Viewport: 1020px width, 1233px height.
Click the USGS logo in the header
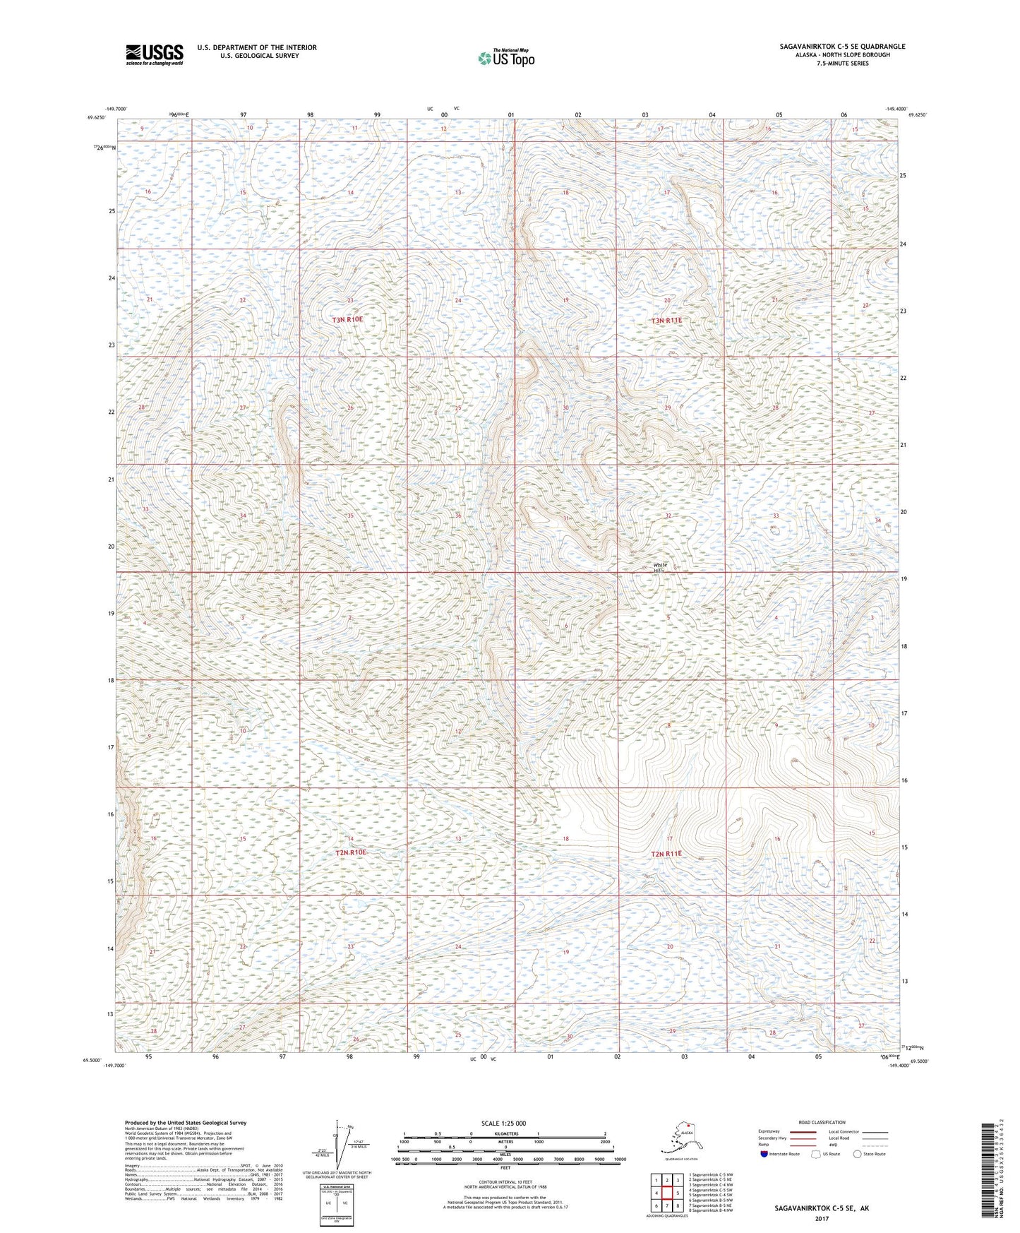click(x=155, y=54)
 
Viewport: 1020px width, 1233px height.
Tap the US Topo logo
click(x=505, y=58)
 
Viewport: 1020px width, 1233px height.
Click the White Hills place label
click(x=660, y=567)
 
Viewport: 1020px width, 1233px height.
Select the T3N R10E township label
click(x=347, y=319)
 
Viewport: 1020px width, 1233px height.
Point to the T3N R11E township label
click(x=666, y=321)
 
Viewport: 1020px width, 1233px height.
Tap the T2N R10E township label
click(x=350, y=852)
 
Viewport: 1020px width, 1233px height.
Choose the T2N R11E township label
click(x=666, y=854)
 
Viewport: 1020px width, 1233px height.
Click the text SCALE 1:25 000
click(x=503, y=1123)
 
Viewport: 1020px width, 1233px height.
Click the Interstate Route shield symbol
click(x=764, y=1154)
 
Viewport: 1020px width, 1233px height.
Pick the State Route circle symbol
click(x=857, y=1154)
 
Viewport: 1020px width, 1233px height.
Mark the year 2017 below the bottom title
click(x=821, y=1218)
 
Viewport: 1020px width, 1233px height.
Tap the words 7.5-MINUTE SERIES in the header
click(x=842, y=64)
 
